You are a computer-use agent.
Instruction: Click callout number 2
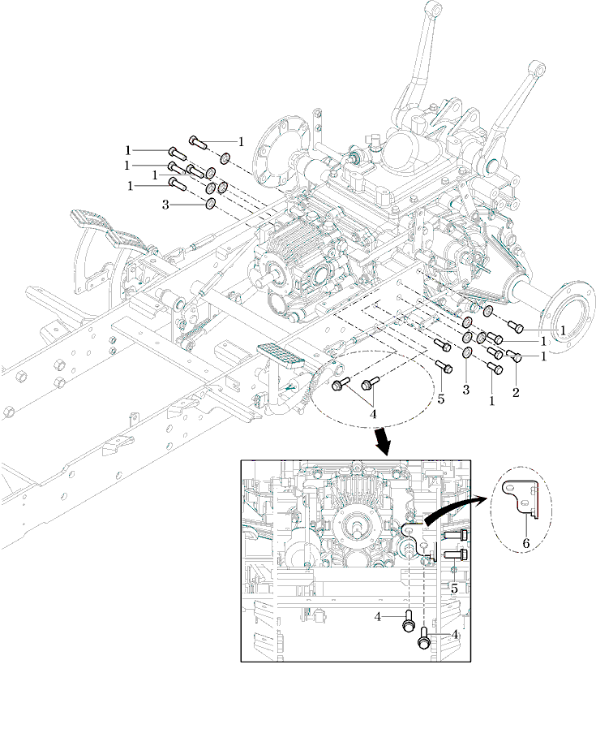[516, 393]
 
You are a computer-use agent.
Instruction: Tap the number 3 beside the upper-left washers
[165, 205]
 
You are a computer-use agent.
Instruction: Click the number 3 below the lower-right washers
[466, 390]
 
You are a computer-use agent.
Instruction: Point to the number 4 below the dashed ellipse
[373, 414]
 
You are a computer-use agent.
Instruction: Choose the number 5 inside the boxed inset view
[455, 587]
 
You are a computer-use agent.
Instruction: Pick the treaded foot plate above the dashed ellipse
[280, 354]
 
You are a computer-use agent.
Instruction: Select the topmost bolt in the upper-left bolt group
[199, 142]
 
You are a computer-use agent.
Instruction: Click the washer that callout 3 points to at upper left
[210, 204]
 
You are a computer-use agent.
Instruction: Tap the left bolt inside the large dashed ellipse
[342, 383]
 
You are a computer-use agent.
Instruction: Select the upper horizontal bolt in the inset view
[457, 536]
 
